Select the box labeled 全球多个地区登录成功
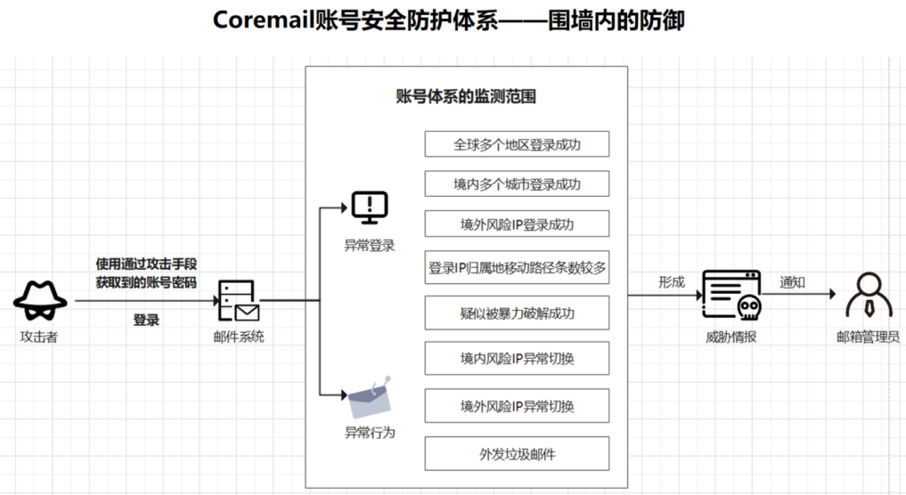coord(517,144)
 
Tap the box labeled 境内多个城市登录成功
coord(517,183)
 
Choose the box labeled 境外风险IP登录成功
coord(517,223)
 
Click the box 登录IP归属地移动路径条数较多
coord(517,267)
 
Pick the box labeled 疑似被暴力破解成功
coord(517,312)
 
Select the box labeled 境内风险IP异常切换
coord(517,359)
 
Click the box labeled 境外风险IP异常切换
coord(517,406)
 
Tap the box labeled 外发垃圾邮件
coord(517,453)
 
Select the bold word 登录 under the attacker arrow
coord(146,320)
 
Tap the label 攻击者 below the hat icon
coord(40,337)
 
